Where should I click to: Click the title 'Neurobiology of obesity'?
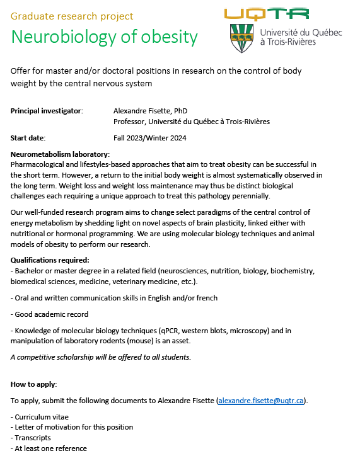104,37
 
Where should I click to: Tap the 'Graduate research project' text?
73,16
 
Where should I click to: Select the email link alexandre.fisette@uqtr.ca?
261,401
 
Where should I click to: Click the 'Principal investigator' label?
47,111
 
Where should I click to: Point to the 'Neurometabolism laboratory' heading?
60,154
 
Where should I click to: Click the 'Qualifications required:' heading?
50,260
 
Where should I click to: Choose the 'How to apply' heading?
34,384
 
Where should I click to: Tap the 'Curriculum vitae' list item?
40,416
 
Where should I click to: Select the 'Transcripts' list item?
31,438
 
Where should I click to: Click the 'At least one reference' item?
49,448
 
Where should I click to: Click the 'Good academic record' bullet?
50,314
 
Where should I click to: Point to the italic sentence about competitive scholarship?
101,357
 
